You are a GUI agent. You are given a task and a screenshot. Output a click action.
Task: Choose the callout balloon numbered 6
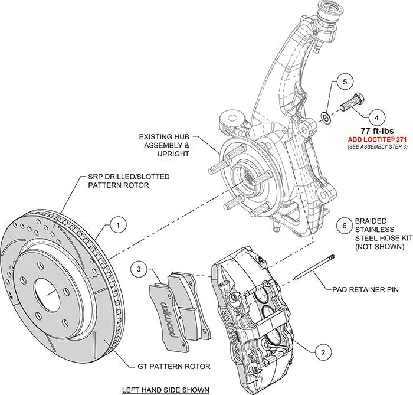click(x=340, y=224)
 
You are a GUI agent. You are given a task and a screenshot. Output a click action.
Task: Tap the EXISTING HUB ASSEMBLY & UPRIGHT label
click(x=164, y=145)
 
